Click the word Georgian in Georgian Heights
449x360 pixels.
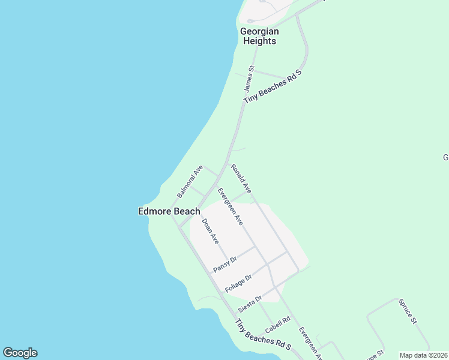coord(258,31)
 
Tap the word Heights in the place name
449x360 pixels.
coord(259,41)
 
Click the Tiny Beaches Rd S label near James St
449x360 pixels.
coord(272,88)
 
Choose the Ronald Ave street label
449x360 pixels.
coord(241,178)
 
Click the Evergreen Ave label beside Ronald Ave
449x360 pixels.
coord(230,206)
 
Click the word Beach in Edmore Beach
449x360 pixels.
coord(187,211)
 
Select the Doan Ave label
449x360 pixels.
coord(210,231)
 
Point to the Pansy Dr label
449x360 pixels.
coord(225,263)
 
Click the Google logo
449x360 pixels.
coord(20,353)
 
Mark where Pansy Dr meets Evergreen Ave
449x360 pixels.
coord(255,246)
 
